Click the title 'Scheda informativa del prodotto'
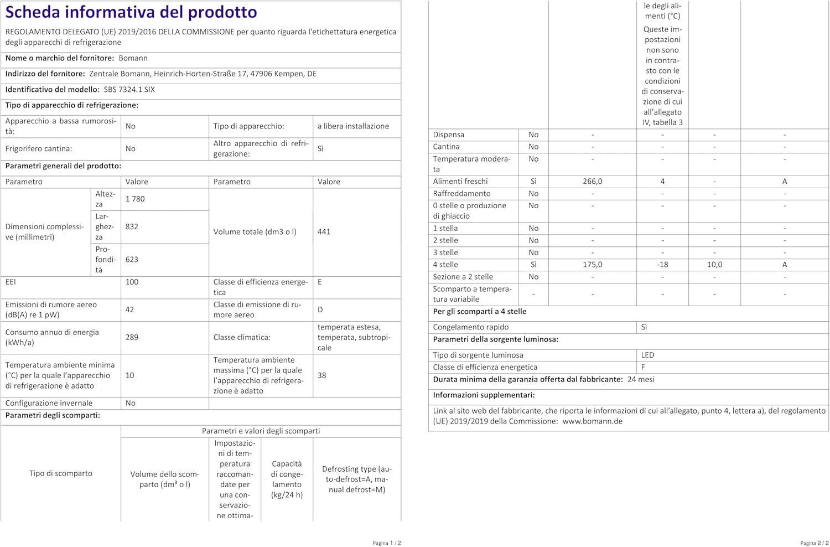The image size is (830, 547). tap(131, 12)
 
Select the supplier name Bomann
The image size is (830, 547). tap(133, 58)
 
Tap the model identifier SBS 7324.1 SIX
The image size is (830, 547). tap(129, 89)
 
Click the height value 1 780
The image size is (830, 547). tap(135, 199)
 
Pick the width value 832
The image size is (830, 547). tap(132, 226)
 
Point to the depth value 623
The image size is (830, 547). tap(132, 259)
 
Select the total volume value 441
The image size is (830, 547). tap(324, 231)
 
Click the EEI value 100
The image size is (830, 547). tap(132, 282)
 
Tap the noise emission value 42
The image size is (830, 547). tap(129, 309)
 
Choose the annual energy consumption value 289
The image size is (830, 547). tap(132, 337)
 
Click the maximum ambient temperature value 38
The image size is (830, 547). tap(321, 375)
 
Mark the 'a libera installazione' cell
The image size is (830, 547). tap(353, 126)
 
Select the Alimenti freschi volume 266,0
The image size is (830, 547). tap(592, 181)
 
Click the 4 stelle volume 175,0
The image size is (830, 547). tap(592, 265)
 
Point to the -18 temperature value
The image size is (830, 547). tap(662, 265)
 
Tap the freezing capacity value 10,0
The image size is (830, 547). tap(714, 265)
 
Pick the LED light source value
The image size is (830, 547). tap(647, 355)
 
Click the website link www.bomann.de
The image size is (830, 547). tap(592, 421)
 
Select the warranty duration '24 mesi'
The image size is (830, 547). tap(641, 379)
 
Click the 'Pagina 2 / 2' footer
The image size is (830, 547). tap(814, 543)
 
